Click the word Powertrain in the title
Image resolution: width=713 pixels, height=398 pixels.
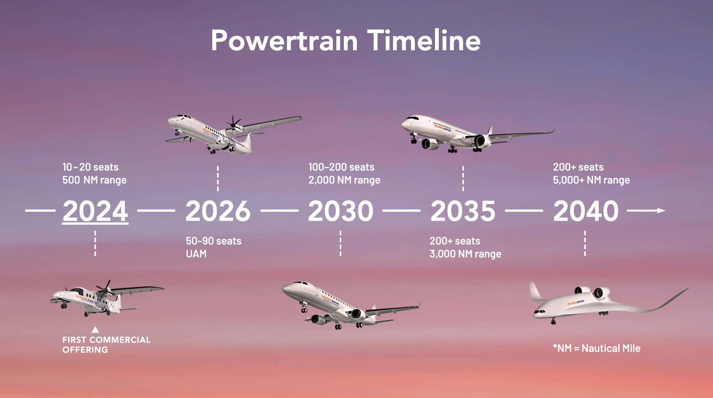(284, 41)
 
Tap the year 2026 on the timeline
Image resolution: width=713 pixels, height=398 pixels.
(218, 211)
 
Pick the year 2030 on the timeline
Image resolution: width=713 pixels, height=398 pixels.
(341, 211)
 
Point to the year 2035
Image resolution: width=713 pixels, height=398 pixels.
(463, 211)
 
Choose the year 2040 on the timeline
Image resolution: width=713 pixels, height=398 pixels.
(586, 211)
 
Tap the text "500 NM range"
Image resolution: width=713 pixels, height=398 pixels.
(94, 180)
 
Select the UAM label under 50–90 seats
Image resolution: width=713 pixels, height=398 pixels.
(196, 254)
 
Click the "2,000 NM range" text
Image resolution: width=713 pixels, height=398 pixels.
(344, 180)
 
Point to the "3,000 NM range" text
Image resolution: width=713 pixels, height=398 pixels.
(465, 254)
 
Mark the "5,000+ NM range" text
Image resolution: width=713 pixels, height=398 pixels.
(591, 180)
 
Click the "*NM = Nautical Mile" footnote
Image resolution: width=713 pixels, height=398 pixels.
(596, 348)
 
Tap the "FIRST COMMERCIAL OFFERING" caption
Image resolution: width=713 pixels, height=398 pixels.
(106, 345)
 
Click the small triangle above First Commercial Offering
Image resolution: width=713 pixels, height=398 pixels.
(95, 330)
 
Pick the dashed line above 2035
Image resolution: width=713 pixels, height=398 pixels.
(463, 178)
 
